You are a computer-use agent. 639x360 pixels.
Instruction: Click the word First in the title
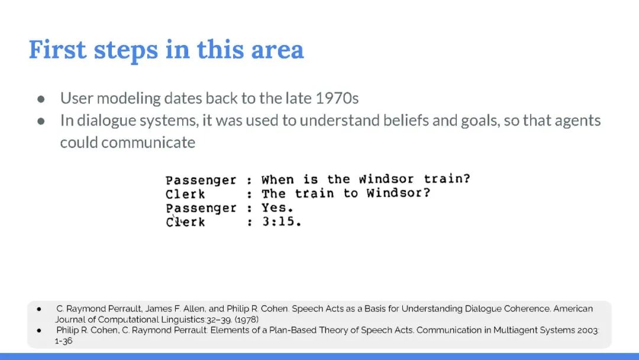[x=57, y=50]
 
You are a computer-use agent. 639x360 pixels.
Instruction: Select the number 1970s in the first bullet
[x=337, y=98]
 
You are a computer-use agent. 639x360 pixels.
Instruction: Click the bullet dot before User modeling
[x=41, y=99]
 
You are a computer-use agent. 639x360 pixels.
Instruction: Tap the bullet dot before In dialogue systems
[x=41, y=121]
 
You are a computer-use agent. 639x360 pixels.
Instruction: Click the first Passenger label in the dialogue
[x=201, y=181]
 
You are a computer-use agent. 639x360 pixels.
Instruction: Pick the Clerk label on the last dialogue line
[x=185, y=222]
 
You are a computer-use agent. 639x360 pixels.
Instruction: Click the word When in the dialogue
[x=277, y=179]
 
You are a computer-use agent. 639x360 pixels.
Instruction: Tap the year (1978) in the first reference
[x=247, y=320]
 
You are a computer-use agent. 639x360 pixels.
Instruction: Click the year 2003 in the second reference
[x=588, y=330]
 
